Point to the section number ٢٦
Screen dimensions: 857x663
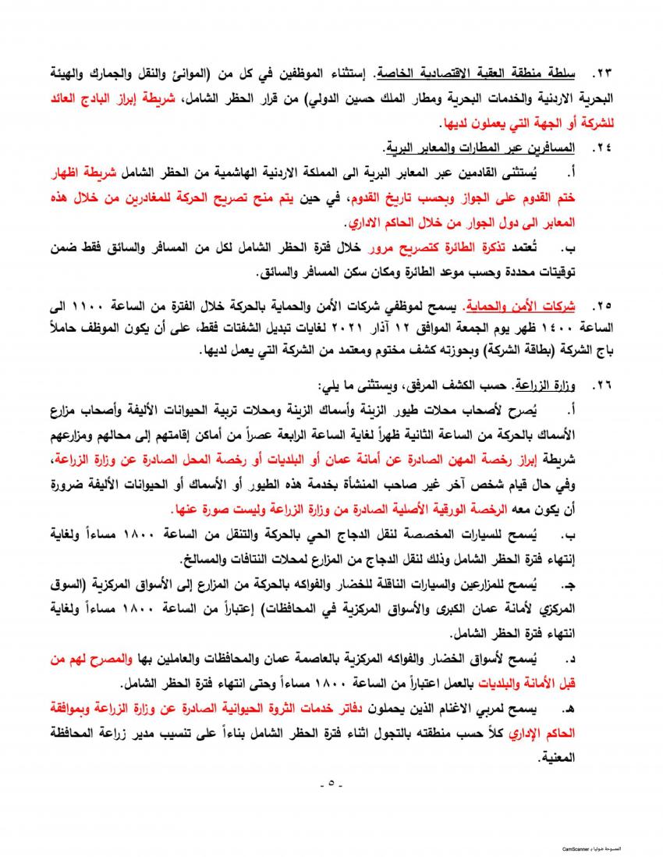click(x=603, y=386)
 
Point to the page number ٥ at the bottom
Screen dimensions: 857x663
click(x=331, y=784)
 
